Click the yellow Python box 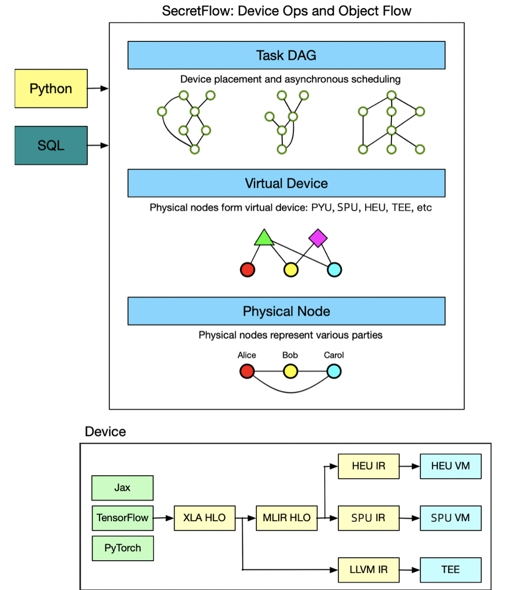point(51,89)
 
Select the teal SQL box point(51,146)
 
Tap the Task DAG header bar point(286,55)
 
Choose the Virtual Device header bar point(286,183)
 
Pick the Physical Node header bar point(286,311)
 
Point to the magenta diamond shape point(318,238)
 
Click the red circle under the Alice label point(247,372)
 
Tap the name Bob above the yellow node point(290,355)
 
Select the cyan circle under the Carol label point(334,372)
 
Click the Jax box point(122,488)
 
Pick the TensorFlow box point(122,518)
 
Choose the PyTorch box point(122,548)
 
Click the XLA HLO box point(204,518)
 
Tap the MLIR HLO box point(287,518)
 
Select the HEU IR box point(368,466)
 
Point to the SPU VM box point(450,518)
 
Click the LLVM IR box point(368,570)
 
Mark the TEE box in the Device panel point(450,570)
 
